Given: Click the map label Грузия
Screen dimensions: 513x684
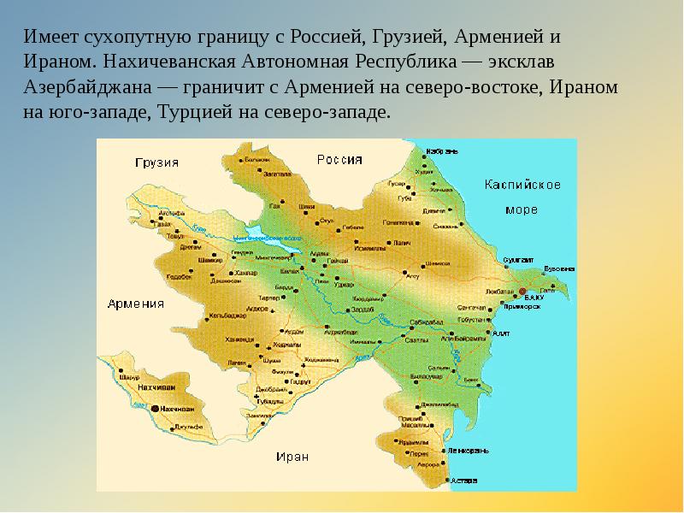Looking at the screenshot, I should coord(156,162).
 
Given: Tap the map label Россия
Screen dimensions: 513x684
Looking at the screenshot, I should coord(339,159).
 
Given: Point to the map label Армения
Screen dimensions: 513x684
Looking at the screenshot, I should coord(136,303).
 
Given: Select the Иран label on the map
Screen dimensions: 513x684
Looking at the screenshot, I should coord(292,456).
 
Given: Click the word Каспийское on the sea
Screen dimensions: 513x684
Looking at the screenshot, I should coord(522,184).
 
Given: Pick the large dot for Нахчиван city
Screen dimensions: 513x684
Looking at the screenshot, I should coord(156,409).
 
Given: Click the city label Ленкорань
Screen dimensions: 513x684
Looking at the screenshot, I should coord(469,450).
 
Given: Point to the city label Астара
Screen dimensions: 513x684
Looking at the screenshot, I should coord(464,480).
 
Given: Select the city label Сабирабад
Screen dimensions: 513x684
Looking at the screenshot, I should coord(427,321).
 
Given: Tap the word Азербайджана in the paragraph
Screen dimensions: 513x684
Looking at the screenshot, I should coord(80,88).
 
